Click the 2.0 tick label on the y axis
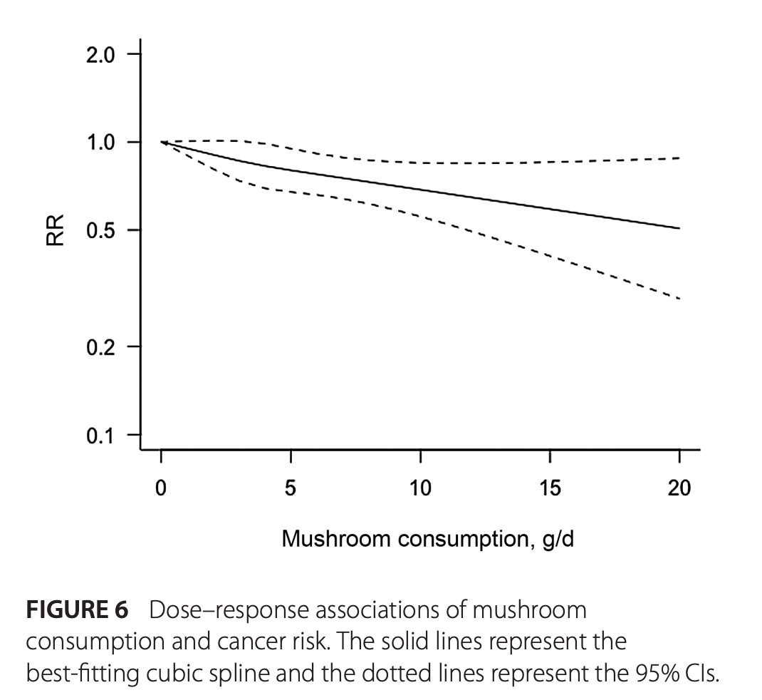tap(100, 55)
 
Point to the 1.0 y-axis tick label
tap(100, 143)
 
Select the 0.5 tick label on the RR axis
tap(100, 230)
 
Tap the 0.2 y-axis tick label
tap(100, 346)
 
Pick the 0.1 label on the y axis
tap(100, 435)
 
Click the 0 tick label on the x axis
tap(162, 489)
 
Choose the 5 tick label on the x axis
tap(291, 489)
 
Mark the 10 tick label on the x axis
tap(420, 489)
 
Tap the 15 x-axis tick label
tap(550, 489)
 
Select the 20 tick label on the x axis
tap(679, 489)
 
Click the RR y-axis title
tap(56, 231)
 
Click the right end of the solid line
tap(679, 228)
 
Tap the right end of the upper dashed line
tap(679, 158)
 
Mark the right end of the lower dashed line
tap(679, 298)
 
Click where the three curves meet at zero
tap(162, 143)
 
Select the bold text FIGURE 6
tap(77, 611)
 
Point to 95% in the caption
tap(639, 673)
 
